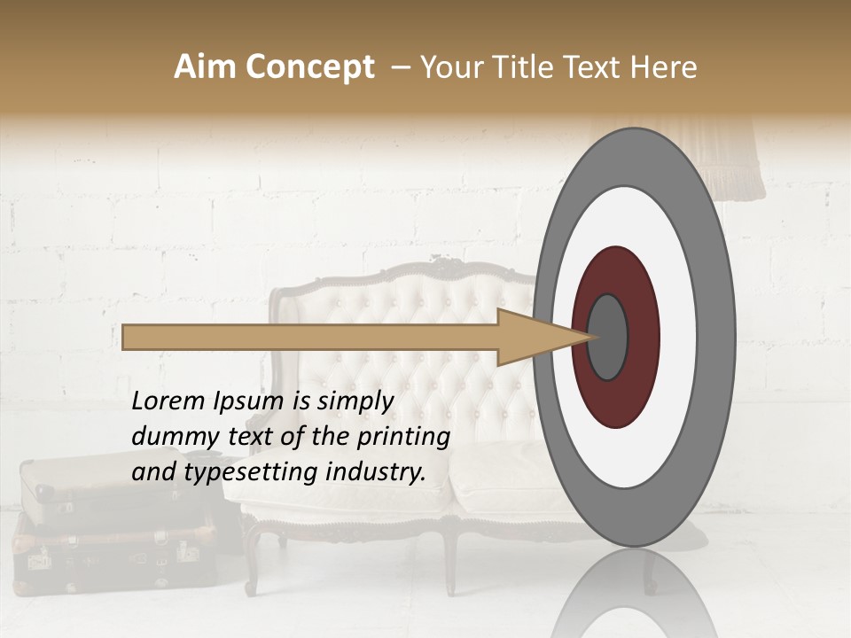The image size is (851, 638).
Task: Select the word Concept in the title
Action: (x=309, y=67)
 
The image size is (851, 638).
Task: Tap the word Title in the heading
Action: (x=524, y=67)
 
